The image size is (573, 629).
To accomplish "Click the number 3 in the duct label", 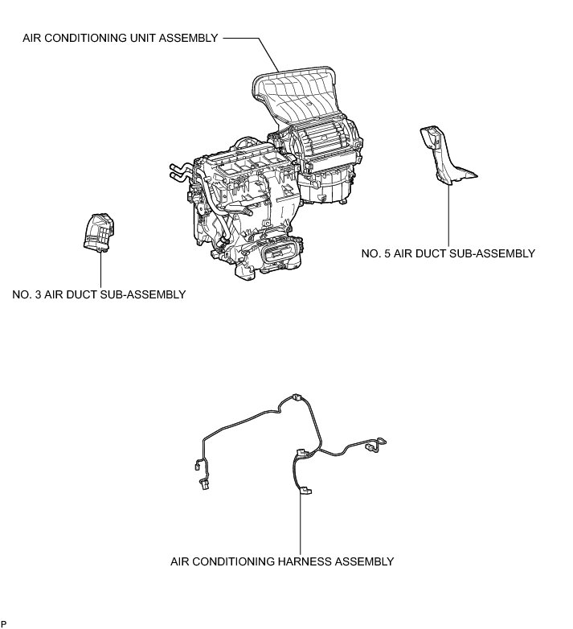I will pyautogui.click(x=39, y=294).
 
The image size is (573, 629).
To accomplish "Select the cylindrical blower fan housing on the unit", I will pyautogui.click(x=325, y=145).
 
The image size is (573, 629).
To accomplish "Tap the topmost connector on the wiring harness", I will pyautogui.click(x=296, y=397).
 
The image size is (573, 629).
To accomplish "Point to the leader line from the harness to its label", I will pyautogui.click(x=301, y=523).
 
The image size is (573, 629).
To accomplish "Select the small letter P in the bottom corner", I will pyautogui.click(x=4, y=623).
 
